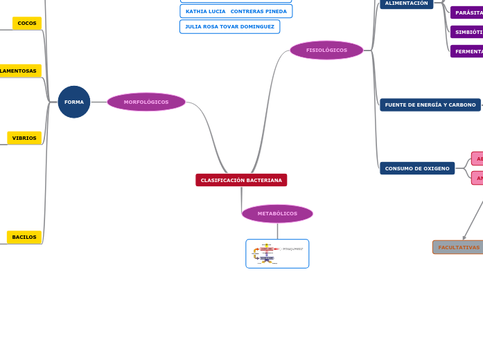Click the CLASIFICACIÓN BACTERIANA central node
pos(241,180)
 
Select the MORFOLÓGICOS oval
pos(146,102)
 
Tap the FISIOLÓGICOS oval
pos(326,50)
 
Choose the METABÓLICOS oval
pos(277,213)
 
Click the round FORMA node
pos(74,102)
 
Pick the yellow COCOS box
pos(27,24)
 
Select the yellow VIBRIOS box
pos(24,138)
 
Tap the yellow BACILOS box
pos(24,237)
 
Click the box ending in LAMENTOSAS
pos(19,71)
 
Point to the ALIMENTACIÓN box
pos(407,3)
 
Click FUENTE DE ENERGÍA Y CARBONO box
pos(430,105)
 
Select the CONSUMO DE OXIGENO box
pos(417,168)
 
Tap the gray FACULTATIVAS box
pos(458,247)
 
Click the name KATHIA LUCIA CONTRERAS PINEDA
pos(236,11)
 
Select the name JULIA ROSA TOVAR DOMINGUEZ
pos(229,26)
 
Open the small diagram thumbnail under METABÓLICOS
pos(277,253)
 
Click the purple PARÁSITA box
pos(468,12)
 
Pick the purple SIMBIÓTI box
pos(468,32)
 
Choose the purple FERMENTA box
pos(468,51)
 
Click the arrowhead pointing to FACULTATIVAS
pos(464,237)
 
